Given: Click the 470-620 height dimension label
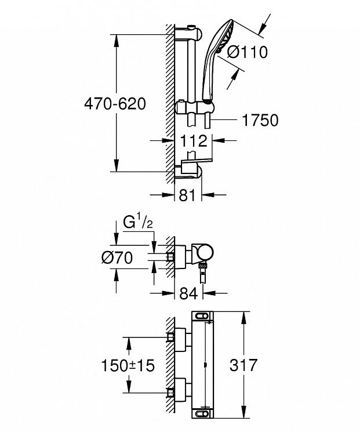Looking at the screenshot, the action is coord(115,104).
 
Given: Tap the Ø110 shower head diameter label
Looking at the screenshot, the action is coord(247,52).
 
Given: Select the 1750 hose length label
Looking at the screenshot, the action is coord(260,120).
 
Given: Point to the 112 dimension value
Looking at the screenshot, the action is coord(194,141).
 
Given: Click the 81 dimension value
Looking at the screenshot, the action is coord(187,195).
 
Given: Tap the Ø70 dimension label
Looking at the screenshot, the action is coord(117,258).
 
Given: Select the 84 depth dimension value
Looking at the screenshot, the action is coord(188,293).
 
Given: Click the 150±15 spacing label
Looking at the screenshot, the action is coord(128,365).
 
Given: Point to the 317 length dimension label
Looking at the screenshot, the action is coord(243,365).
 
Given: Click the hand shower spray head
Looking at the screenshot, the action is coord(226,36).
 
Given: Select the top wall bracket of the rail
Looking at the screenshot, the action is coord(188,32).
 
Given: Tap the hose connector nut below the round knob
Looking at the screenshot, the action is coord(203,266).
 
